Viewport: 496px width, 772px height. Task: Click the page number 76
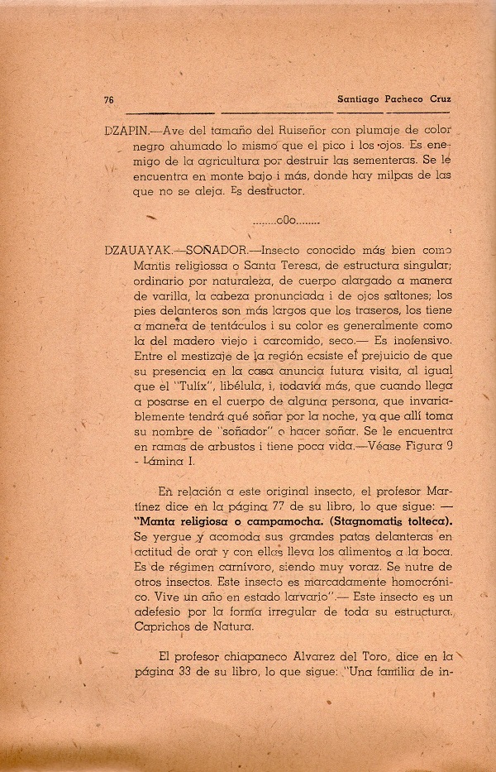click(108, 99)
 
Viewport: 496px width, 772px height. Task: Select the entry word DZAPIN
click(122, 132)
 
